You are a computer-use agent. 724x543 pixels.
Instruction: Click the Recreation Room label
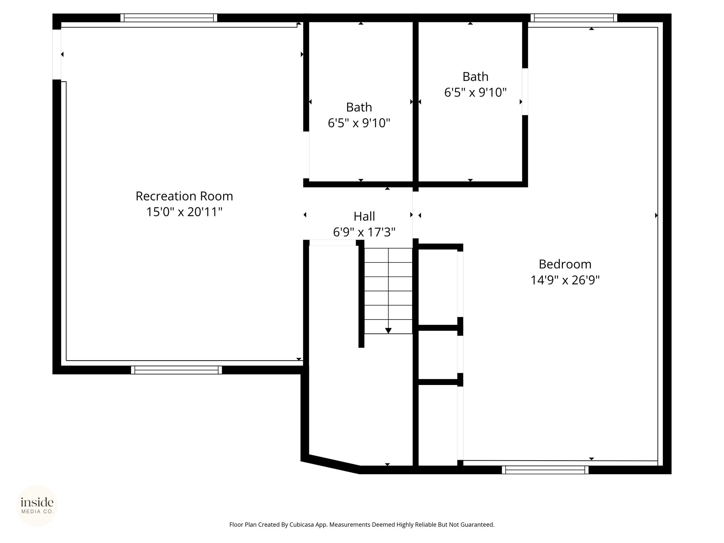click(x=184, y=196)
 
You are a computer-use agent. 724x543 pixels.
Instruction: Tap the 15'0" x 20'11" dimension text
click(x=184, y=212)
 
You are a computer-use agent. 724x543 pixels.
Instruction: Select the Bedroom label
click(x=565, y=264)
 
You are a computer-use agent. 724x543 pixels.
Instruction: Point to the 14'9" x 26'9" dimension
click(x=565, y=280)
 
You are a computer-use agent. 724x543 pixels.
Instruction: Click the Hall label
click(x=364, y=216)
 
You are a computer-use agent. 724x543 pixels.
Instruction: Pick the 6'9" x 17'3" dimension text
click(x=364, y=232)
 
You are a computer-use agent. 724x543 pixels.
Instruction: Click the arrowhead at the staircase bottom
click(x=388, y=331)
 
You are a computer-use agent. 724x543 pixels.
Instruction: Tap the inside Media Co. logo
click(x=37, y=506)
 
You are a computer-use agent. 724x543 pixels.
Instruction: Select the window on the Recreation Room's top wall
click(x=169, y=18)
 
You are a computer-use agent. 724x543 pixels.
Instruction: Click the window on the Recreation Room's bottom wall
click(x=176, y=370)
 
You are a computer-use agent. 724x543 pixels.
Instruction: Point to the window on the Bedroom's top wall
click(x=574, y=18)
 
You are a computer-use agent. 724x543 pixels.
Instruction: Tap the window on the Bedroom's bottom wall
click(x=545, y=470)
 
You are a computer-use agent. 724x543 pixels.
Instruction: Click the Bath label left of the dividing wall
click(x=359, y=107)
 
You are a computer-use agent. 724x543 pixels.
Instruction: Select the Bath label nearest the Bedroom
click(x=475, y=77)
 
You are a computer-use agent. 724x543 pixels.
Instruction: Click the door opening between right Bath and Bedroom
click(x=525, y=92)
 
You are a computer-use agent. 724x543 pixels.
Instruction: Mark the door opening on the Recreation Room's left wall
click(x=57, y=54)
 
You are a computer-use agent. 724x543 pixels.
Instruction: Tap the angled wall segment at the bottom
click(x=331, y=464)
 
